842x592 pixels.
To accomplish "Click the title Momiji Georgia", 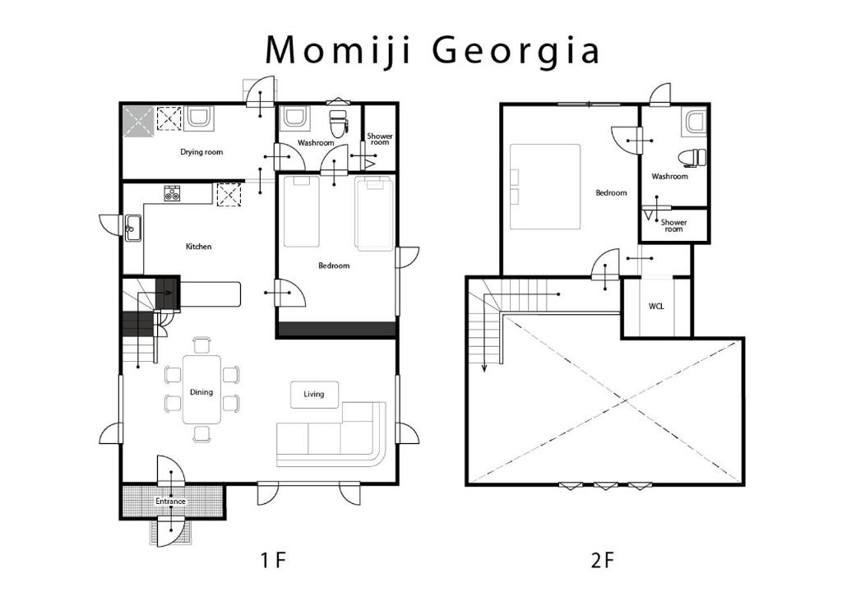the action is tap(433, 50).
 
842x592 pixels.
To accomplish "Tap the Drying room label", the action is tap(201, 152).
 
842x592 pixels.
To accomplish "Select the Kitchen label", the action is tap(199, 247).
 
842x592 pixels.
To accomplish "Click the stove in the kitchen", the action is tap(173, 193).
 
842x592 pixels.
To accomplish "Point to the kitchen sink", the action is tap(132, 229).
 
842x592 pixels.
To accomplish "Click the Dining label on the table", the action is tap(201, 392).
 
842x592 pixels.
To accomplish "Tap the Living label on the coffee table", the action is tap(314, 395).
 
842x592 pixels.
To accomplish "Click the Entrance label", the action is tap(171, 502).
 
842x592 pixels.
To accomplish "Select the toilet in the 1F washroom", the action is tap(339, 124).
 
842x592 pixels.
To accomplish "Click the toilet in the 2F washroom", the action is tap(692, 158).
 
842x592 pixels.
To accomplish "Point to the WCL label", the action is tap(656, 306).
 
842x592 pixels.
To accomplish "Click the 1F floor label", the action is tap(273, 561).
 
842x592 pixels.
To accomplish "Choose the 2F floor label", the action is tap(602, 561).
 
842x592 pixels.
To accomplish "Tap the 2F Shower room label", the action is tap(674, 225).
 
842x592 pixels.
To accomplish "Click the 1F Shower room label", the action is tap(380, 139).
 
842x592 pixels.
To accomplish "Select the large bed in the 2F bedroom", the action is tap(545, 187).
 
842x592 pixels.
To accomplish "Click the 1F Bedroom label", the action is tap(334, 266).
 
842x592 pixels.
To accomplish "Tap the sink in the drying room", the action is tap(200, 118).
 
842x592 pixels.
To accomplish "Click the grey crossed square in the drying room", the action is tap(138, 120).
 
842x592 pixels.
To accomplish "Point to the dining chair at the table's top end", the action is tap(201, 345).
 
